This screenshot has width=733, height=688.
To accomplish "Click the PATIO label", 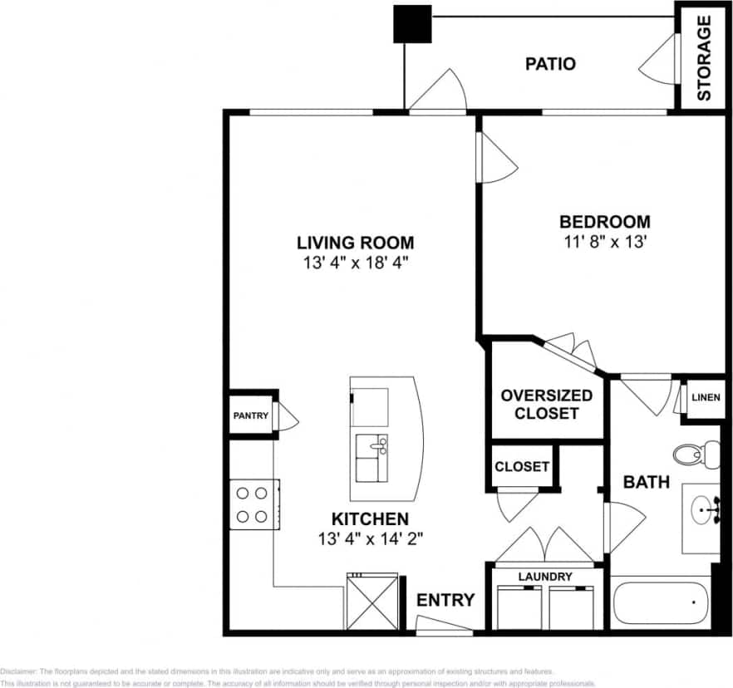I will point(550,64).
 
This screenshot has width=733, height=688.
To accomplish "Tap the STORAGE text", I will point(703,58).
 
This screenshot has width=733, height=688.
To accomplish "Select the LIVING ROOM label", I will point(355,243).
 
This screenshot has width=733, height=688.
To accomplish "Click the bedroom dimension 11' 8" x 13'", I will point(604,243).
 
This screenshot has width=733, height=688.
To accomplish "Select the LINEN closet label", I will point(706,398).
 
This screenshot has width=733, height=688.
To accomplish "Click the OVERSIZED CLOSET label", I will point(546,404).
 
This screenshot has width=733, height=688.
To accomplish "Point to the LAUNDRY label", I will point(545,576).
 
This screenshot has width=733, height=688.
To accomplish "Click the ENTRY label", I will point(445,600).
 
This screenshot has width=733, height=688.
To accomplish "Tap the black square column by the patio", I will point(412,24).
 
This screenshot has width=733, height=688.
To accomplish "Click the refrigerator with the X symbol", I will point(366,602).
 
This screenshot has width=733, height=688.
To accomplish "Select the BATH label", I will point(646,482).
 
